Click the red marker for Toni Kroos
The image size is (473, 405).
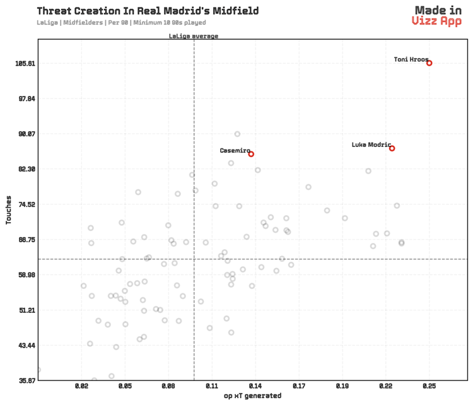tap(429, 63)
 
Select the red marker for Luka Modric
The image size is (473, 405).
tap(392, 148)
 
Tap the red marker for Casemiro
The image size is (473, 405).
tap(251, 154)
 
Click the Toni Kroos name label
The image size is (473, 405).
tap(411, 60)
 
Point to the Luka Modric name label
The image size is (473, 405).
tap(371, 145)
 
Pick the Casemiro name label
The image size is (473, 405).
tap(235, 151)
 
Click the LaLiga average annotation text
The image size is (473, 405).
tap(194, 36)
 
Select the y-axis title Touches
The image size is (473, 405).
tap(9, 210)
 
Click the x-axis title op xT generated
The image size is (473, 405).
tap(252, 396)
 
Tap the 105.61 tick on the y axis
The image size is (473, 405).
tap(23, 64)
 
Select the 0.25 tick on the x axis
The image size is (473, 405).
tap(429, 385)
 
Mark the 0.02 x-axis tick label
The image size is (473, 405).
tap(81, 385)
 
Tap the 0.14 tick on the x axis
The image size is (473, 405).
tap(255, 385)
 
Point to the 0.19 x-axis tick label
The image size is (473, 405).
tap(342, 385)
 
